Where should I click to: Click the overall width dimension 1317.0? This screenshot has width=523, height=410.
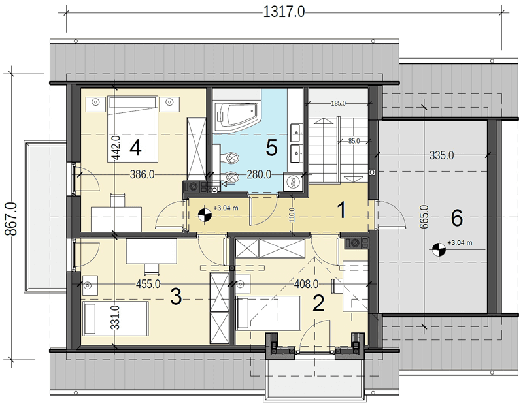click(284, 12)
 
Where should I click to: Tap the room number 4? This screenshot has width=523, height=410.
click(135, 148)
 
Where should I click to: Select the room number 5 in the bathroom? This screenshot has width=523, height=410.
click(271, 148)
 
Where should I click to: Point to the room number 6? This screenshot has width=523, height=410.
click(456, 219)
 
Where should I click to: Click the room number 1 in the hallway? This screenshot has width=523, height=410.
click(341, 210)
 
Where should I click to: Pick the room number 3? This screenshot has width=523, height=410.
click(176, 296)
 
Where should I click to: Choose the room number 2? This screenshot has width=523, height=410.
click(318, 304)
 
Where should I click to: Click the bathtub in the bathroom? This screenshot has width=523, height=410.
click(237, 117)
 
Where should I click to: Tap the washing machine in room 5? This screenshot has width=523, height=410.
click(293, 183)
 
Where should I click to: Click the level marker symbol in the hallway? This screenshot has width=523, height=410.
click(204, 215)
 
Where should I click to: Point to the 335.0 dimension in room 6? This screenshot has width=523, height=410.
click(441, 155)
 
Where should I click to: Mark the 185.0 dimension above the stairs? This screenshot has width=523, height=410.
click(338, 104)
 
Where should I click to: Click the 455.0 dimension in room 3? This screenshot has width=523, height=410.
click(148, 284)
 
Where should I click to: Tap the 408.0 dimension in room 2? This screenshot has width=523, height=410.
click(306, 284)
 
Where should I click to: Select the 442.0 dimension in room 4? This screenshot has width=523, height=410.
click(115, 148)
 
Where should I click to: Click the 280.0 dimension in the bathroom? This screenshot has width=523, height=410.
click(259, 174)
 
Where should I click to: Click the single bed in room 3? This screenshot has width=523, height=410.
click(116, 319)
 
